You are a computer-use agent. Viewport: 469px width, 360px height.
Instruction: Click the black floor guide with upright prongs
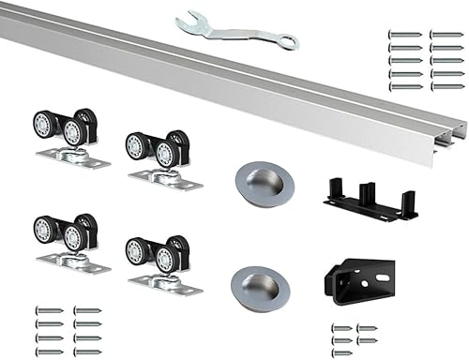(x=370, y=198)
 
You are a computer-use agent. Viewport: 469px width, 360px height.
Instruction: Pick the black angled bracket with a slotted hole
(x=356, y=279)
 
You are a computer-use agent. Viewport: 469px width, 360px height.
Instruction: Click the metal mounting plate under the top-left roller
(x=73, y=159)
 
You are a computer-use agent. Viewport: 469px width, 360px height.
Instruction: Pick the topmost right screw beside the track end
(x=446, y=35)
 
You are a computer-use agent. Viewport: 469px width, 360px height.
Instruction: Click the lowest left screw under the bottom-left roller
(x=49, y=352)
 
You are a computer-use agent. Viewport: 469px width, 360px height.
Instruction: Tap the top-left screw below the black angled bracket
(x=341, y=328)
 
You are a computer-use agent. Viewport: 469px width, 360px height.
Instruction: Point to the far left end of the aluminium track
(x=5, y=22)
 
